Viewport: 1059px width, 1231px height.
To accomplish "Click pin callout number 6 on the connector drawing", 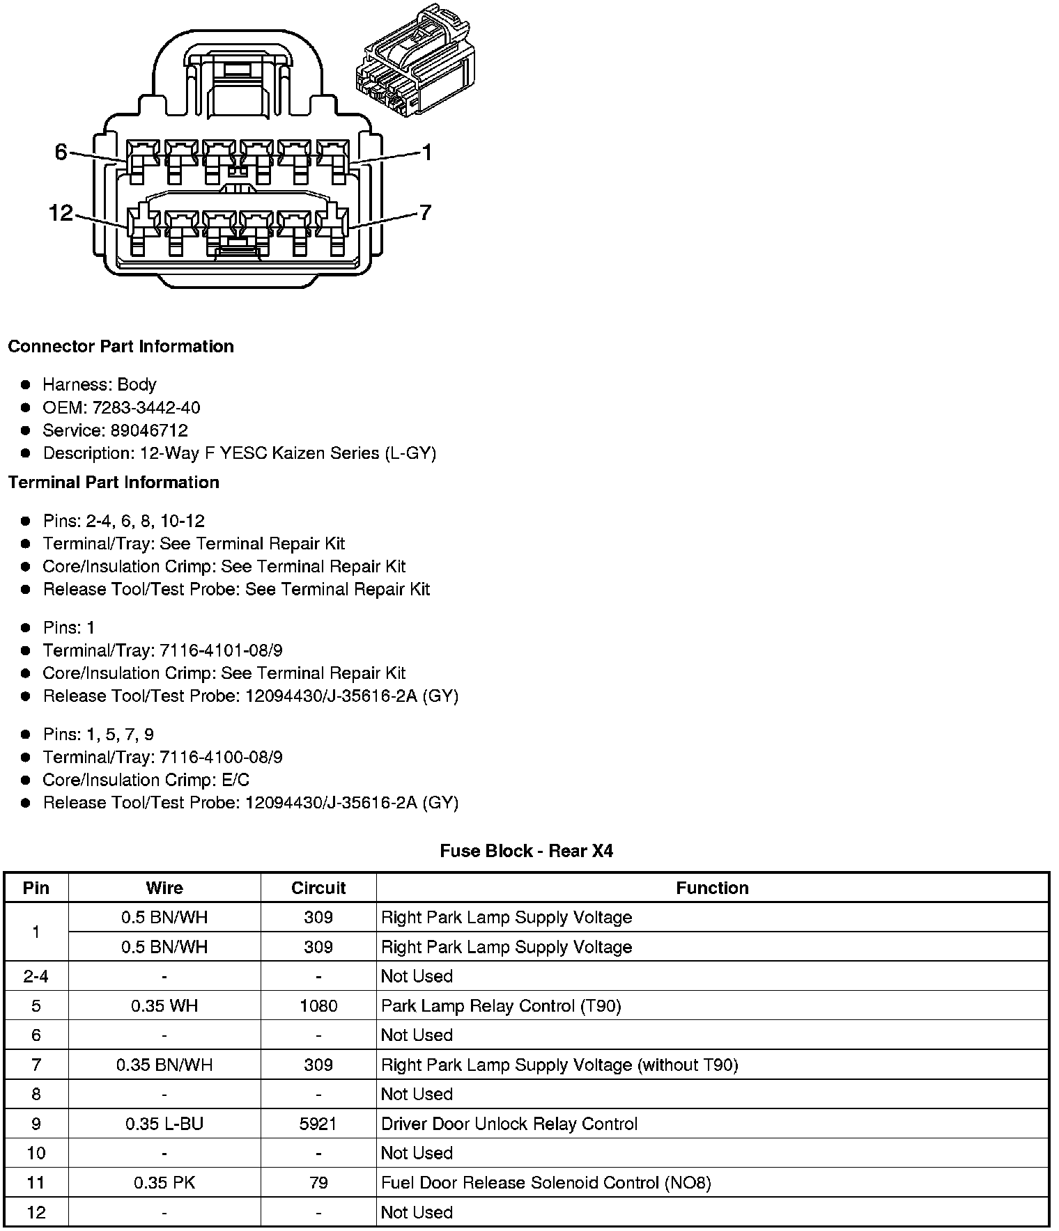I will pos(61,151).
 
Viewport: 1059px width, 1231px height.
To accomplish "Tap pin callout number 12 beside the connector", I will pos(61,212).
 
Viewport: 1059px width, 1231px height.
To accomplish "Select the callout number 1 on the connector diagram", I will pos(427,152).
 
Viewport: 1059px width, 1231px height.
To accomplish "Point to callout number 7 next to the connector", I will pos(425,212).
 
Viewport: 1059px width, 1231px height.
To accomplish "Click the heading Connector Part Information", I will pos(121,347).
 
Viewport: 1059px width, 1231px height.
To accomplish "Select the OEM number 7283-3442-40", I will pos(146,407).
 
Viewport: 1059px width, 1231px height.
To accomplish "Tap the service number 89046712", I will pos(149,430).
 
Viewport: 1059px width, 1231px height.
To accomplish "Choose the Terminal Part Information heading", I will pos(114,483).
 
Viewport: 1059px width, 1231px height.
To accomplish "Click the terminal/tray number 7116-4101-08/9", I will pos(221,650).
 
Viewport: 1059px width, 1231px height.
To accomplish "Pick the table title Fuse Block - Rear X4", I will pos(526,851).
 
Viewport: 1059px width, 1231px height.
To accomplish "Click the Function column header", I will pos(712,888).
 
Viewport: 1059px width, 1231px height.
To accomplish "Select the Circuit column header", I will pos(318,888).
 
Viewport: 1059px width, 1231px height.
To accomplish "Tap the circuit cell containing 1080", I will pos(318,1006).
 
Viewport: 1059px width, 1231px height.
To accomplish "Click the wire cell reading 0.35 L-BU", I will pos(164,1124).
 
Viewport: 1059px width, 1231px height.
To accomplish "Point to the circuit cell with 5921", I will pos(318,1124).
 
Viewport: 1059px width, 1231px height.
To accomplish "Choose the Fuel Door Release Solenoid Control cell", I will pos(546,1182).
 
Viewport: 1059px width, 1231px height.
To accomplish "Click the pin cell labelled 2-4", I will pos(36,976).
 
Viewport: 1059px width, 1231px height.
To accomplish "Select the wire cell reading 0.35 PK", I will pos(164,1182).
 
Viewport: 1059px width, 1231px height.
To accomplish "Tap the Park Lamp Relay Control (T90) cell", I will pos(501,1006).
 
